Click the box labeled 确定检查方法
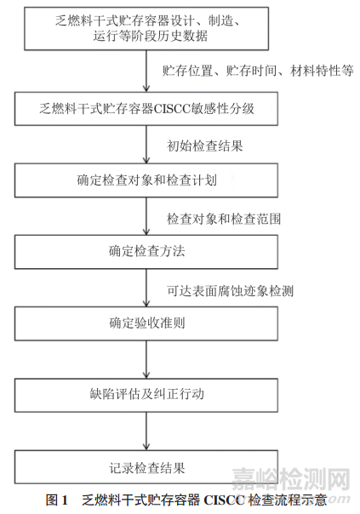coord(146,252)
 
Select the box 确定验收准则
coord(146,323)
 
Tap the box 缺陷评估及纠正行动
coord(146,395)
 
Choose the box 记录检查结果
coord(146,466)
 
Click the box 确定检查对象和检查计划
coord(146,180)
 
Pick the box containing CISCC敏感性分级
coord(146,109)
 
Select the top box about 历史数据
coord(146,29)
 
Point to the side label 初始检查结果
coord(204,146)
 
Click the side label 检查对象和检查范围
coord(224,219)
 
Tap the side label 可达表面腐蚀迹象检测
coord(230,291)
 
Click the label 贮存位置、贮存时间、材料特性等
coord(258,71)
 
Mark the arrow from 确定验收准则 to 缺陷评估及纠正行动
coord(146,359)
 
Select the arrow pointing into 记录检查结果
coord(146,431)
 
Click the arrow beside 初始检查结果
coord(146,145)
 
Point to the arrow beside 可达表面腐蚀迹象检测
coord(146,288)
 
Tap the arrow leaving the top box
coord(146,71)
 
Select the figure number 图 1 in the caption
coord(57,500)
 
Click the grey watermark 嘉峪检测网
coord(291,479)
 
